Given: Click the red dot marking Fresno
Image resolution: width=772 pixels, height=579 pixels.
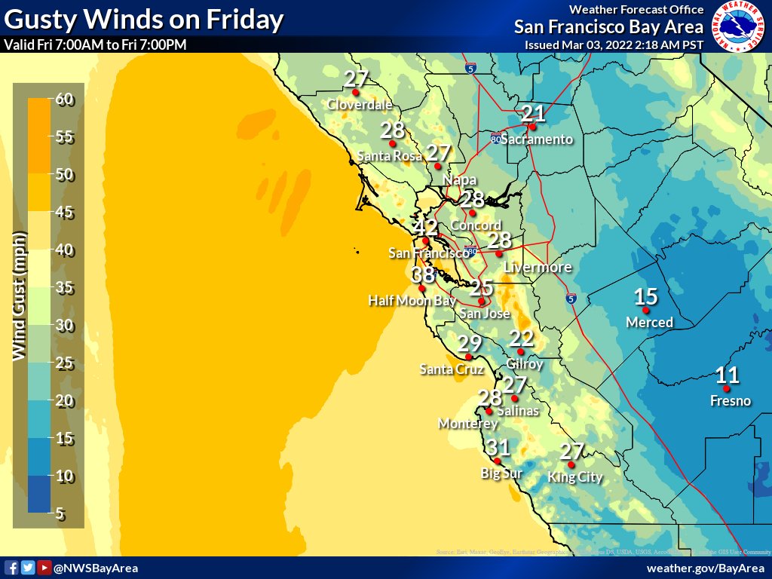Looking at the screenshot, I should click(x=726, y=389).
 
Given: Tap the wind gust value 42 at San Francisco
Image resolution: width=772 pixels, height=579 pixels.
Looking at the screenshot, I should click(x=425, y=228).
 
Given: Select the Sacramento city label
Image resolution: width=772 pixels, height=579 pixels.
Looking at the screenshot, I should click(x=537, y=139).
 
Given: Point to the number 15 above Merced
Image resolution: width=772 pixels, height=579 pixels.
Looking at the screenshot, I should click(x=646, y=297).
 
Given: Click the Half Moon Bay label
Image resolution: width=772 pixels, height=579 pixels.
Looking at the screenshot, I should click(x=412, y=300).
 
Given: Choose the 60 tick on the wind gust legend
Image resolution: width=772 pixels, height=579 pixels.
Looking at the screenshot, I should click(x=64, y=100).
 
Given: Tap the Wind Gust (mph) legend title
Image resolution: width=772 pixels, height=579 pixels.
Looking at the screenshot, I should click(x=20, y=295).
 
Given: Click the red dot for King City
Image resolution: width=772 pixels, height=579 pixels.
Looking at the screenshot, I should click(x=571, y=464).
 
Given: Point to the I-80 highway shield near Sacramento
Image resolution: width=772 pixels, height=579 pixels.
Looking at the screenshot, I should click(x=495, y=139).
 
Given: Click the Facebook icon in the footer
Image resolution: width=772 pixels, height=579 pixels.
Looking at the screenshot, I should click(x=11, y=568).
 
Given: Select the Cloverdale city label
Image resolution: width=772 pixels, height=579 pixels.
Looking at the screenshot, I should click(x=360, y=105).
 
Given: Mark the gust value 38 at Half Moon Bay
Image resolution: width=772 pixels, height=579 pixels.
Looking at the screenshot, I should click(x=423, y=275).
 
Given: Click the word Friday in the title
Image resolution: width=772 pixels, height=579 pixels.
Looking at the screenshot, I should click(x=243, y=19).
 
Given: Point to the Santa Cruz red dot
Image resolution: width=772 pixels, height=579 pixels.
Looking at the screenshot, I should click(x=468, y=357).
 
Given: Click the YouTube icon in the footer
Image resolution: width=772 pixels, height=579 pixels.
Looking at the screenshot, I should click(x=44, y=568).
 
